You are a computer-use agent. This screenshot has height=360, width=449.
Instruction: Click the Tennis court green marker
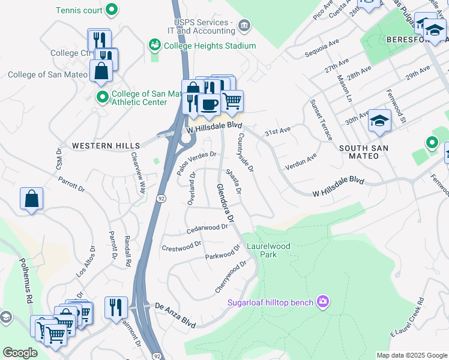111,10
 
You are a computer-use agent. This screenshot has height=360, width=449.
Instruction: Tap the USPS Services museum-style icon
245,25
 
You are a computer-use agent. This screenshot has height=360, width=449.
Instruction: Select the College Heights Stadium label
209,46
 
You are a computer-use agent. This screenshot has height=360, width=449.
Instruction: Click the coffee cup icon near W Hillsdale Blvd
208,105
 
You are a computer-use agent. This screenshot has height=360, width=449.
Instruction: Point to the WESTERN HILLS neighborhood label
106,146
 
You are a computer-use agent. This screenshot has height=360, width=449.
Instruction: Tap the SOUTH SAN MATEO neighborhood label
367,152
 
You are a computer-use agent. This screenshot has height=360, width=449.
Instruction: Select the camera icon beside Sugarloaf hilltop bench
323,301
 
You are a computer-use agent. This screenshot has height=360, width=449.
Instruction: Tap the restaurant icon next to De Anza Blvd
116,307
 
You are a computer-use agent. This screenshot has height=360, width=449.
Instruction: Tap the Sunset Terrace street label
321,119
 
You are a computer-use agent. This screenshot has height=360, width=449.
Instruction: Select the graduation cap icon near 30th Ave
379,121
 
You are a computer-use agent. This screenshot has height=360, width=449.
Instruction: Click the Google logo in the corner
20,353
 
